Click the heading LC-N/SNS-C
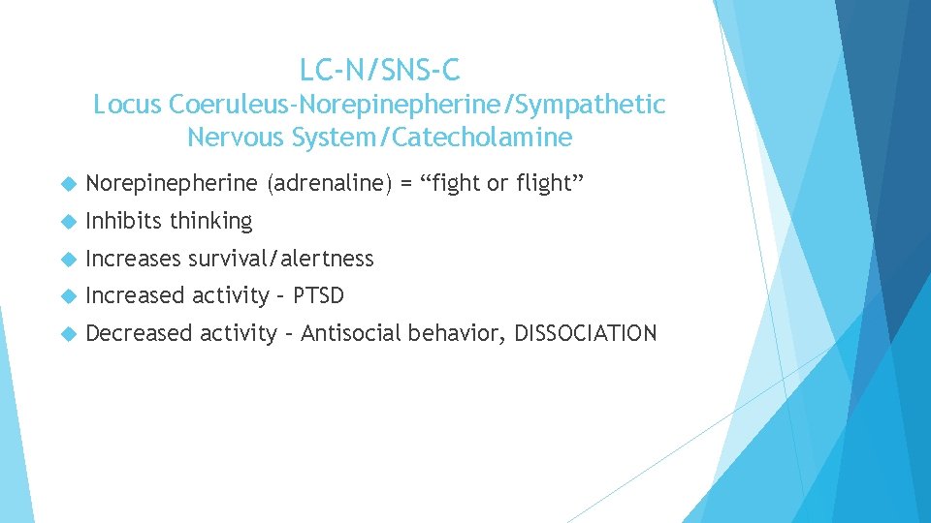(x=380, y=70)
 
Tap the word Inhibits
(x=124, y=221)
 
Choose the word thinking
(x=210, y=222)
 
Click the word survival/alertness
(x=280, y=258)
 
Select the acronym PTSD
(x=317, y=294)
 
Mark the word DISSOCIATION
(x=585, y=333)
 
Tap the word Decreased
(x=139, y=333)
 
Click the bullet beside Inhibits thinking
(x=68, y=222)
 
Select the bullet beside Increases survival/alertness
(x=68, y=259)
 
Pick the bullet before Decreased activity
(x=68, y=334)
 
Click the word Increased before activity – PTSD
(x=135, y=294)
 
